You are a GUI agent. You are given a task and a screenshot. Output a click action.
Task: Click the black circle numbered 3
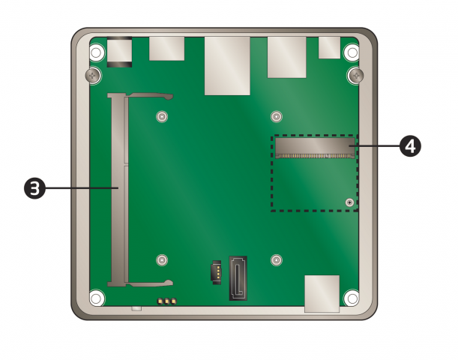pos(34,188)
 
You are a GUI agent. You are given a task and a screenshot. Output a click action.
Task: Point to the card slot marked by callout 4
pos(314,147)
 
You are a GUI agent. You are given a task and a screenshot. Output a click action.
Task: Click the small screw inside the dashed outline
pos(349,202)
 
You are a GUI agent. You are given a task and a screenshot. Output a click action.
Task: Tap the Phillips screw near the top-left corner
pos(91,75)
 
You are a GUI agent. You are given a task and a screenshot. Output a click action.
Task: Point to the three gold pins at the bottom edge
pos(166,302)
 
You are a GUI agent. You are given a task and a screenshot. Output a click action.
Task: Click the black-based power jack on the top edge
pos(120,52)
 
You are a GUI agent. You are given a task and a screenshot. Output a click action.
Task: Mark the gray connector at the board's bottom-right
pos(322,293)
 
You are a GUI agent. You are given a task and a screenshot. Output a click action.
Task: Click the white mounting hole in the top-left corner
pos(96,53)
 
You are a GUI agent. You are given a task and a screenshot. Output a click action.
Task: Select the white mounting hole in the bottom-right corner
pos(351,298)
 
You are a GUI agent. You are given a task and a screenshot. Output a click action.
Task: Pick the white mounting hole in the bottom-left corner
pos(96,298)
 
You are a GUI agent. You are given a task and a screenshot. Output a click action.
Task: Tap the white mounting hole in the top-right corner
pos(351,53)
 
